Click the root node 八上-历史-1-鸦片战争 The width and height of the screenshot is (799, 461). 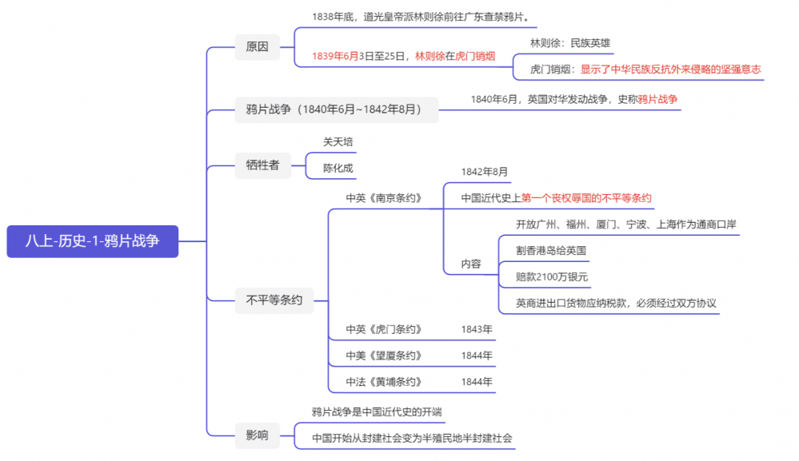click(92, 241)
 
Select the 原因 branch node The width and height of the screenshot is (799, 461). click(257, 47)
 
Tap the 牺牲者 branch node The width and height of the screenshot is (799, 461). click(262, 165)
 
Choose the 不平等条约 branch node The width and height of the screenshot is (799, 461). click(274, 300)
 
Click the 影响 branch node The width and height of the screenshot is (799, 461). click(257, 435)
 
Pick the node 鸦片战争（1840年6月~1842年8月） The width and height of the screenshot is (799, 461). click(336, 109)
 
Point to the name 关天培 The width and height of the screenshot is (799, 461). click(338, 142)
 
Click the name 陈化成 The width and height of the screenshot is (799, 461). click(338, 168)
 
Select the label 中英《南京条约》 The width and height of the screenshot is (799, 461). click(384, 198)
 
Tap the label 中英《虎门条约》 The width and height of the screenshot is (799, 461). click(384, 329)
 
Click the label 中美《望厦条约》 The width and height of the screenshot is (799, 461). click(384, 356)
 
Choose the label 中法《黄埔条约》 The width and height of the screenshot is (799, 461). click(384, 382)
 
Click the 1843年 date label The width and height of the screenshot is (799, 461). click(477, 329)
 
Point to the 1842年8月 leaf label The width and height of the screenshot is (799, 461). click(484, 172)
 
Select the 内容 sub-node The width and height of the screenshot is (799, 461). click(471, 264)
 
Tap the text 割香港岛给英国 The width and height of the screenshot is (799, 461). click(551, 250)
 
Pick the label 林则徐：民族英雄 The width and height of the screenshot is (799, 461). click(570, 43)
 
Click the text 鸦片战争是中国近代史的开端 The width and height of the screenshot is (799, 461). click(377, 411)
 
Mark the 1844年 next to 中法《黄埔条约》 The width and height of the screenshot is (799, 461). click(477, 382)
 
